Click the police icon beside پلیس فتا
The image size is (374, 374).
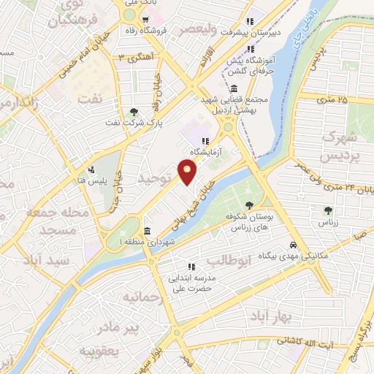91,170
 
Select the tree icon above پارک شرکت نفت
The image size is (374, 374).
134,112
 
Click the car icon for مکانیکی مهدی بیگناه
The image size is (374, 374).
292,245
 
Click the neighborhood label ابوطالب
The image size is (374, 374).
229,260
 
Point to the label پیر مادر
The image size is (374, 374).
121,327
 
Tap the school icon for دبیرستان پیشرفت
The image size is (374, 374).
249,20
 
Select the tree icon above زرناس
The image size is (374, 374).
327,210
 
